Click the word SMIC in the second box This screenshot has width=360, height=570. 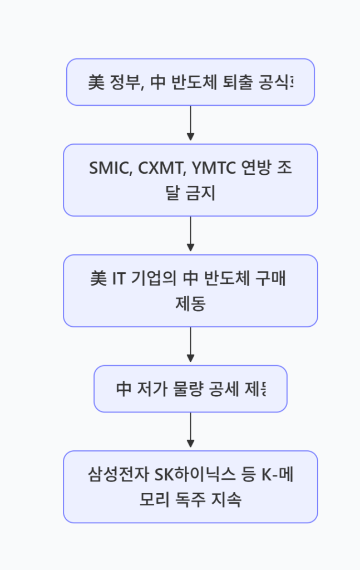click(107, 168)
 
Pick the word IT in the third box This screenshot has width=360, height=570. click(118, 279)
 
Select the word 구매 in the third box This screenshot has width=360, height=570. click(271, 279)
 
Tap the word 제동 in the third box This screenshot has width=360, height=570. click(190, 304)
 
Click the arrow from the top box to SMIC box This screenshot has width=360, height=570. click(190, 124)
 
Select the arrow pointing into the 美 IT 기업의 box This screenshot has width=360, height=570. click(190, 235)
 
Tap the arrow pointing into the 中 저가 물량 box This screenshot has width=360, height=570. click(190, 346)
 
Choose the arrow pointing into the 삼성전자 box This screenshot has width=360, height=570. click(190, 431)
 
